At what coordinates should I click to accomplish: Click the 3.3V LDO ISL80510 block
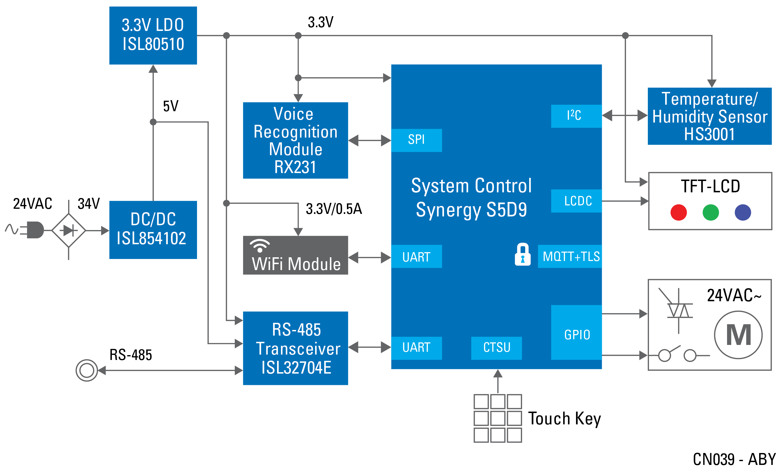pyautogui.click(x=153, y=35)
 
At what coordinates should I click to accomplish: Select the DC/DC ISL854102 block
pyautogui.click(x=153, y=230)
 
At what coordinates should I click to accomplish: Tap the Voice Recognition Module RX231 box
pyautogui.click(x=295, y=140)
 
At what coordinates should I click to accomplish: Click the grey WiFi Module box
pyautogui.click(x=295, y=255)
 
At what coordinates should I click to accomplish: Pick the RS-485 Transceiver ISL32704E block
pyautogui.click(x=295, y=348)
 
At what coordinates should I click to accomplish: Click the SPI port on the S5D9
pyautogui.click(x=416, y=140)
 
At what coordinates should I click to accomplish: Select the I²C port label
pyautogui.click(x=576, y=116)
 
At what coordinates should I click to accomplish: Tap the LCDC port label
pyautogui.click(x=576, y=201)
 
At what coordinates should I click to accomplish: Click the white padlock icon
pyautogui.click(x=523, y=254)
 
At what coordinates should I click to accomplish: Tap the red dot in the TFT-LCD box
pyautogui.click(x=679, y=212)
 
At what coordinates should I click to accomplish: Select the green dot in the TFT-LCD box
pyautogui.click(x=710, y=212)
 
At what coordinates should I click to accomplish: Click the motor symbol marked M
pyautogui.click(x=738, y=335)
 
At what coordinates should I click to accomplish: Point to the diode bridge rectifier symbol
pyautogui.click(x=69, y=230)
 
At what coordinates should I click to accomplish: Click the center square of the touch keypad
pyautogui.click(x=498, y=418)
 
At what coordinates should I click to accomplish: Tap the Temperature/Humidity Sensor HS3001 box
pyautogui.click(x=709, y=116)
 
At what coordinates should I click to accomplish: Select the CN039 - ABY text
pyautogui.click(x=734, y=459)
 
